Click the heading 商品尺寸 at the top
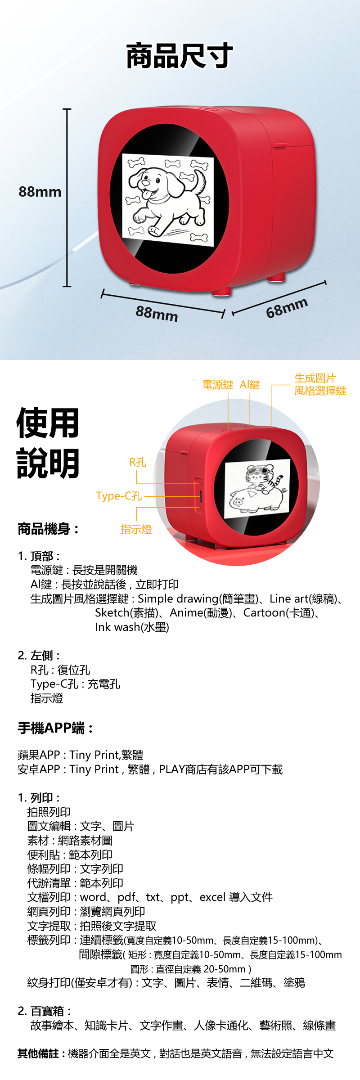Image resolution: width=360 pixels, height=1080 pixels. click(180, 56)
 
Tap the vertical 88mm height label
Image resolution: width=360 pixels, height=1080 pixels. click(40, 192)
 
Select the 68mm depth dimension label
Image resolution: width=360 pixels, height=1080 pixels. click(287, 307)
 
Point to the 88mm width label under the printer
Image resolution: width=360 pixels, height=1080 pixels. click(157, 313)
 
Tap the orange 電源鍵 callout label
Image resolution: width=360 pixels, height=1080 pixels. click(218, 385)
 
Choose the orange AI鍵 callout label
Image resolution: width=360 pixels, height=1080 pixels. click(250, 385)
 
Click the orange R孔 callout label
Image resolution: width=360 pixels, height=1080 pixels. click(138, 462)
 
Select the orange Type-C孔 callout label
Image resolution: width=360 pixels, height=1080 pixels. click(119, 496)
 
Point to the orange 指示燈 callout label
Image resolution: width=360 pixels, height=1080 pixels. click(136, 529)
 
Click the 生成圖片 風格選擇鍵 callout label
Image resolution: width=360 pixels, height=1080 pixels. click(320, 385)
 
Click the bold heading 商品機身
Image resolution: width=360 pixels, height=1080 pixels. click(48, 529)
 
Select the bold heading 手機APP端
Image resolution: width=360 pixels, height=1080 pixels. click(55, 728)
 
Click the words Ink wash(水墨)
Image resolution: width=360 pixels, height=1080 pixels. click(132, 627)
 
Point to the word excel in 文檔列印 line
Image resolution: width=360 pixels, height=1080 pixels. click(212, 897)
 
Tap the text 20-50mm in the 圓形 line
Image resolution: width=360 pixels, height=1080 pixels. click(225, 968)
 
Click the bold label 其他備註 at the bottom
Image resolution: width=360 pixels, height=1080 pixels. click(41, 1053)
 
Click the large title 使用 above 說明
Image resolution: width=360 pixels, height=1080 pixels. click(48, 423)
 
